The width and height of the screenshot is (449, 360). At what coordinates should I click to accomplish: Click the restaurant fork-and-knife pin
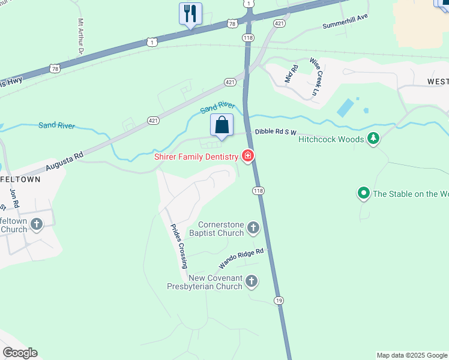pos(190,14)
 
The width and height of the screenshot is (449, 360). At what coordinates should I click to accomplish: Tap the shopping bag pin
pos(221,125)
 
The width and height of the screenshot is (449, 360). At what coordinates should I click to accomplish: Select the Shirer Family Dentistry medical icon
pos(247,157)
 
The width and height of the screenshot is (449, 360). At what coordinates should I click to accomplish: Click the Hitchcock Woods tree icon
pos(373,139)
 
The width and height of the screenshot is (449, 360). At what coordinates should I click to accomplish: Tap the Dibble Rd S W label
pos(276,131)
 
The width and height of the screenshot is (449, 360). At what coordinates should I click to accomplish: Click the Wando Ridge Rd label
pos(241,259)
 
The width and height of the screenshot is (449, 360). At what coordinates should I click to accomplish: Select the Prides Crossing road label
pos(179,247)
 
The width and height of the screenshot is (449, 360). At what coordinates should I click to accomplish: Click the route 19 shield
pos(278,300)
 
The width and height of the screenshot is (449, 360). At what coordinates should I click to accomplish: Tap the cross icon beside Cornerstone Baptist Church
pos(253,227)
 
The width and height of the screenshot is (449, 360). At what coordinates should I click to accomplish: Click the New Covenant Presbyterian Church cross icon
pos(252,280)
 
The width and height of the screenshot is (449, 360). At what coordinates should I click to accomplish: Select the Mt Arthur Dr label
pos(80,37)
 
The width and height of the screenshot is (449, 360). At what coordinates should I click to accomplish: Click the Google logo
pos(20,353)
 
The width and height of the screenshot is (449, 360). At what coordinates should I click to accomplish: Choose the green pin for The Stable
pos(363,193)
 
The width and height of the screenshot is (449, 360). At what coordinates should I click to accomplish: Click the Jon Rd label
pos(14,199)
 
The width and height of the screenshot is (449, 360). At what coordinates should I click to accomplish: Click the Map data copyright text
pos(412,355)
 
